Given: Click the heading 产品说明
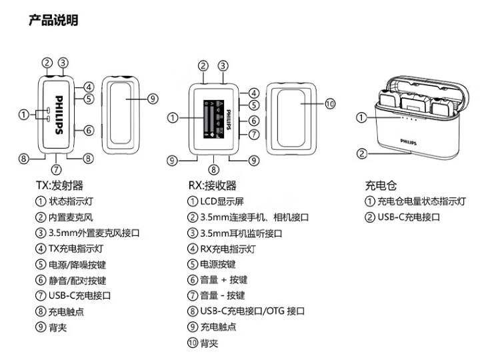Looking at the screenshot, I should [x=53, y=21].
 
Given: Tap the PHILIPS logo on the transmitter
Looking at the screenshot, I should [x=59, y=115].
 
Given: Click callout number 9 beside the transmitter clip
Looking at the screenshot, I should [x=152, y=99].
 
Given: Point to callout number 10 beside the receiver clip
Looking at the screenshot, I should [x=330, y=103].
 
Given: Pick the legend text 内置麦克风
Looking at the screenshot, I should [x=71, y=217].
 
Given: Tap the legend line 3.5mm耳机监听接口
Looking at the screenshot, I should [x=241, y=233].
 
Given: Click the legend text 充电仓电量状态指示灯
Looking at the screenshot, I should [x=421, y=201].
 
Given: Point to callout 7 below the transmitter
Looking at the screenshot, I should [x=56, y=169].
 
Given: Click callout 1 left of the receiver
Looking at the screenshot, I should [x=173, y=118].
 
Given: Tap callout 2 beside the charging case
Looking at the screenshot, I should [x=361, y=153].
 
